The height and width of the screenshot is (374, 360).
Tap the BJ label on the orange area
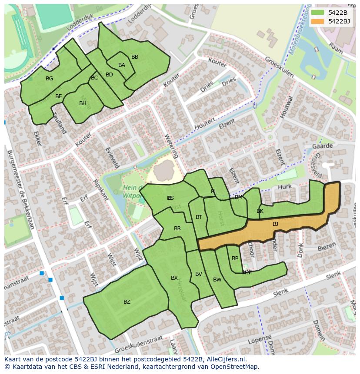tap(275, 224)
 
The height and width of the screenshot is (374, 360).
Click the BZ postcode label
tap(127, 302)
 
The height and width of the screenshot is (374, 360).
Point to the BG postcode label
tap(49, 79)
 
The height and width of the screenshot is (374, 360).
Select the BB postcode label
tap(135, 57)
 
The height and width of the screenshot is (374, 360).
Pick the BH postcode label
tap(83, 103)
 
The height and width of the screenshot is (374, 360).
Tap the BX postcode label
tap(174, 278)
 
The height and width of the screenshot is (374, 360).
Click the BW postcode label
tap(217, 280)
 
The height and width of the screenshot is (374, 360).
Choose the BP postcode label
tap(235, 258)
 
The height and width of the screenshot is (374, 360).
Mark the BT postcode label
tap(199, 217)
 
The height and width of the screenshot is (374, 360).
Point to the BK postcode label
tap(260, 211)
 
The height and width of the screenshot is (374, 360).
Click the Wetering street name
tap(171, 146)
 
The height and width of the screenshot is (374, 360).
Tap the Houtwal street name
tap(285, 106)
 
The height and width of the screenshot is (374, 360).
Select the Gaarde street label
tap(322, 146)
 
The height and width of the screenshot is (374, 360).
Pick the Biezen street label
tap(327, 247)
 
